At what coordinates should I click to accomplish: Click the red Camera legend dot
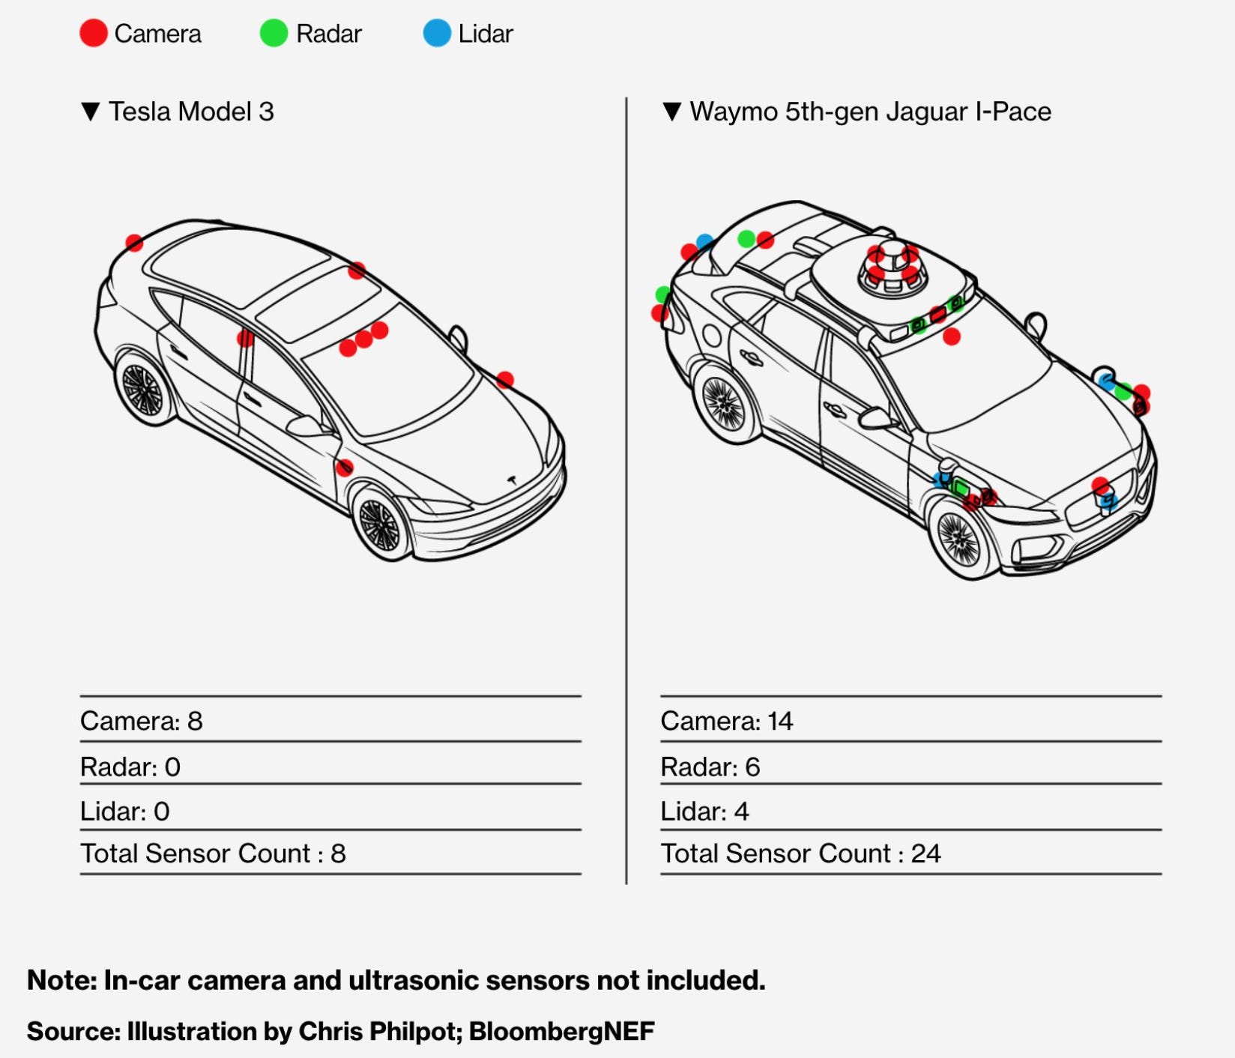pyautogui.click(x=94, y=34)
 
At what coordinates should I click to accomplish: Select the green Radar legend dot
pyautogui.click(x=274, y=34)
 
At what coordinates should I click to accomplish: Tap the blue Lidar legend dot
pyautogui.click(x=437, y=34)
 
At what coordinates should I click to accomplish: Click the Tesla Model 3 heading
pyautogui.click(x=190, y=112)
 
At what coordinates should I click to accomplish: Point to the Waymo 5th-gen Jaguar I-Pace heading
pyautogui.click(x=869, y=112)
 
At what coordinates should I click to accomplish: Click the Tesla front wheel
pyautogui.click(x=380, y=524)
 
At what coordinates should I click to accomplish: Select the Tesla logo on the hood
pyautogui.click(x=513, y=480)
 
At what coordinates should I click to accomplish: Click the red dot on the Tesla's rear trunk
pyautogui.click(x=134, y=243)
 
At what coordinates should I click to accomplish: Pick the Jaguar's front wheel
pyautogui.click(x=958, y=539)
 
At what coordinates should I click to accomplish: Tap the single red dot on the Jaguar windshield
pyautogui.click(x=952, y=337)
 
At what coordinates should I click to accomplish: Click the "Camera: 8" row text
pyautogui.click(x=141, y=721)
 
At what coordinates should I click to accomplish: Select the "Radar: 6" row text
pyautogui.click(x=710, y=767)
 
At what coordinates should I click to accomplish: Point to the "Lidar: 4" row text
pyautogui.click(x=704, y=811)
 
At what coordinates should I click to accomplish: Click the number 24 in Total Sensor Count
pyautogui.click(x=926, y=853)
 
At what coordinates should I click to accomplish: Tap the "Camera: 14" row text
pyautogui.click(x=726, y=721)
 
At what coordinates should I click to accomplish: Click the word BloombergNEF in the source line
pyautogui.click(x=561, y=1031)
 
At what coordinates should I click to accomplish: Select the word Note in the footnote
pyautogui.click(x=60, y=980)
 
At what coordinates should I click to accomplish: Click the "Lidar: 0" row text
pyautogui.click(x=124, y=811)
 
